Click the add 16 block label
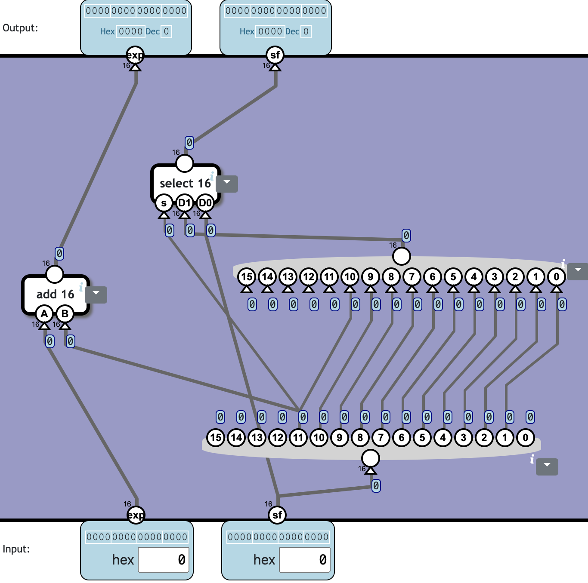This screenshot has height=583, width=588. tap(55, 294)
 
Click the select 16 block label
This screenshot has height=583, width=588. tap(185, 183)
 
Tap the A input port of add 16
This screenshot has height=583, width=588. tap(44, 314)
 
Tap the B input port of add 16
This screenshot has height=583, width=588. tap(65, 314)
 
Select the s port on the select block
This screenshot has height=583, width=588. tap(164, 203)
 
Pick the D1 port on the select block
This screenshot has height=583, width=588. tap(185, 203)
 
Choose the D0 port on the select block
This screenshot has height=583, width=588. tap(205, 203)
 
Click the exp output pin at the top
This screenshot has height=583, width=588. tap(135, 55)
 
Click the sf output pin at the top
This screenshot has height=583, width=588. tap(275, 55)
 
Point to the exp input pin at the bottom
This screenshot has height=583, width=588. tap(136, 515)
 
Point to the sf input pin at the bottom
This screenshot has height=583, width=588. tap(277, 515)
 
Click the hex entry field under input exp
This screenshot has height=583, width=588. tap(164, 560)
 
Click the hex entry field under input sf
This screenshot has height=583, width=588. tap(305, 560)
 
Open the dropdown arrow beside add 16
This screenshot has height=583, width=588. tap(96, 295)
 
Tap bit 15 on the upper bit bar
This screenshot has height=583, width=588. tap(247, 277)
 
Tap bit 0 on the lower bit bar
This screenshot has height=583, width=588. tap(526, 438)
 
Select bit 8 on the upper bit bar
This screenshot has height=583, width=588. tap(391, 277)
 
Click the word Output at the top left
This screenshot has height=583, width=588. tap(20, 28)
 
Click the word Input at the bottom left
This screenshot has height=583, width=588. tap(16, 549)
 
